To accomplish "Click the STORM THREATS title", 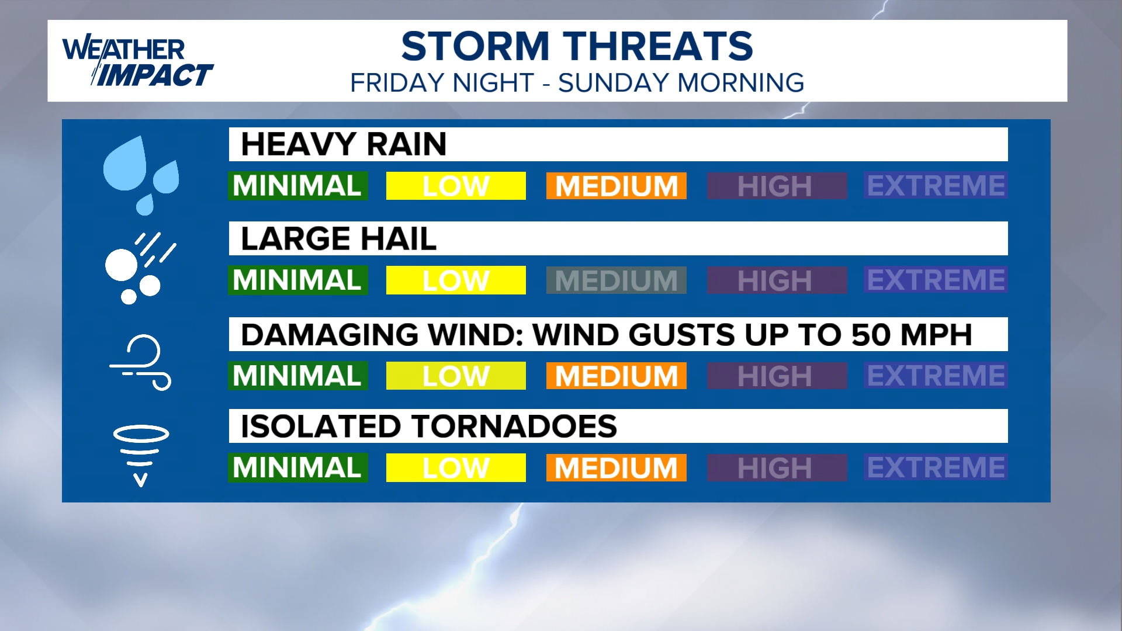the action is pyautogui.click(x=577, y=46).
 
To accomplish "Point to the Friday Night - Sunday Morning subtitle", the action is pyautogui.click(x=577, y=83).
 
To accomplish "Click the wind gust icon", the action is pyautogui.click(x=140, y=362).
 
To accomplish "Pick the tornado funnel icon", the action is pyautogui.click(x=141, y=456).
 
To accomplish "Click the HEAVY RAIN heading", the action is pyautogui.click(x=344, y=144).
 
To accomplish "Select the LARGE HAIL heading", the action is pyautogui.click(x=338, y=238).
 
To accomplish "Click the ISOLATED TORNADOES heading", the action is pyautogui.click(x=429, y=426).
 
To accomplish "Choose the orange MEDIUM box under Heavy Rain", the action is pyautogui.click(x=617, y=186).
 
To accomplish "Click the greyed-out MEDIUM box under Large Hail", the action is pyautogui.click(x=617, y=280).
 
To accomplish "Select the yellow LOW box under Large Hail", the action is pyautogui.click(x=456, y=280).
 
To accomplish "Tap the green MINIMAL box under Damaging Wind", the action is pyautogui.click(x=298, y=376).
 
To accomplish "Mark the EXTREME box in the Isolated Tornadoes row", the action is pyautogui.click(x=936, y=467).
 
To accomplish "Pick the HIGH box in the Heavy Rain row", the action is pyautogui.click(x=777, y=186).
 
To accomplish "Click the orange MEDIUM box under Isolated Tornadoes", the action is pyautogui.click(x=617, y=467).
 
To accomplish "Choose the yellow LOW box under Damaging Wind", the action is pyautogui.click(x=456, y=376).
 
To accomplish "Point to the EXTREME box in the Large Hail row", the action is pyautogui.click(x=936, y=280).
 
